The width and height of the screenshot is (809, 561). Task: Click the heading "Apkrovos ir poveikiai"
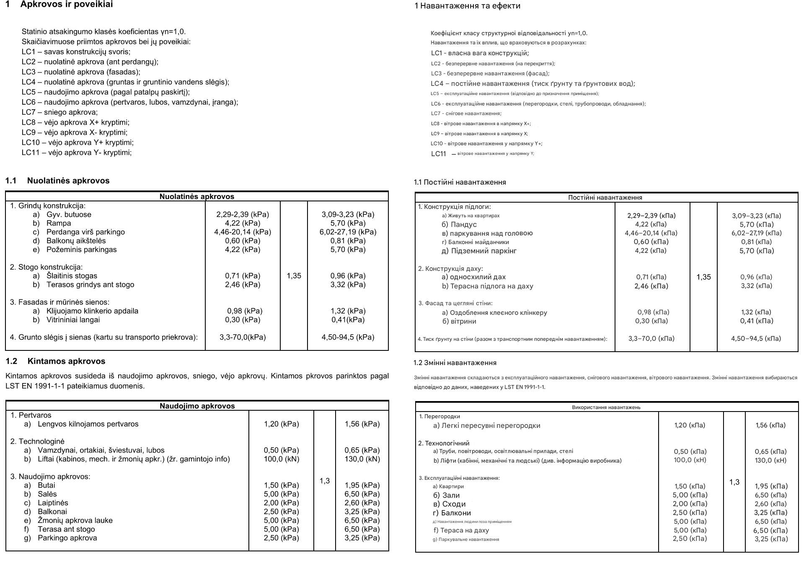click(66, 5)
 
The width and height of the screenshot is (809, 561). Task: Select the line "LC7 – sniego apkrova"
click(59, 112)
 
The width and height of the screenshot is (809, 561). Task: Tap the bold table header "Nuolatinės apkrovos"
click(196, 196)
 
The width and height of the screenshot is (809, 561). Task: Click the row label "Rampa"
click(59, 223)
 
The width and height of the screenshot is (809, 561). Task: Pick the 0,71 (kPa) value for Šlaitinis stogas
click(243, 276)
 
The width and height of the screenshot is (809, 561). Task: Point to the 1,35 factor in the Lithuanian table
click(294, 276)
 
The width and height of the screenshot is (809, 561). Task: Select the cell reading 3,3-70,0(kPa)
click(243, 337)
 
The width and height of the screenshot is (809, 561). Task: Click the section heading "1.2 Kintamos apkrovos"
click(55, 361)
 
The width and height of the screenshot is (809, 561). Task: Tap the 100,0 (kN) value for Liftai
click(281, 459)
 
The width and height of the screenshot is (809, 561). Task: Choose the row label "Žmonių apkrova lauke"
click(75, 520)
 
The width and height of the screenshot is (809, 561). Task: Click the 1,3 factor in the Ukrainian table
click(734, 482)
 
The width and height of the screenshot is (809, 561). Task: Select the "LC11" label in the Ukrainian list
click(439, 154)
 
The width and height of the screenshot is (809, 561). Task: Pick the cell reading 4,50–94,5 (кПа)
click(756, 339)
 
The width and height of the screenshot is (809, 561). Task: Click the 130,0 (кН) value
click(770, 461)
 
